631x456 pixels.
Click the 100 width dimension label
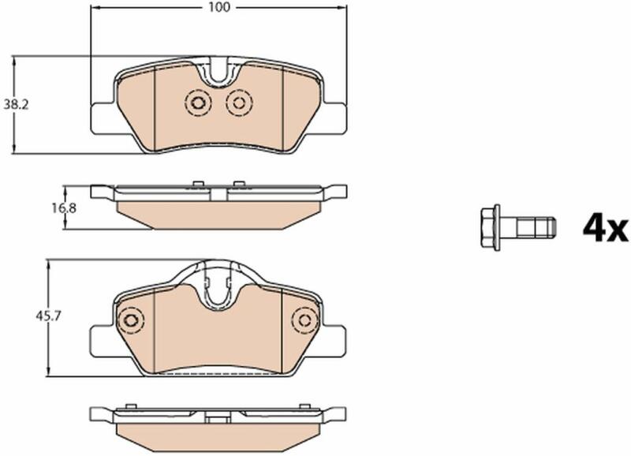point(219,7)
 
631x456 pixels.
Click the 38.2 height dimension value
point(16,105)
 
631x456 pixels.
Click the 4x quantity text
point(605,229)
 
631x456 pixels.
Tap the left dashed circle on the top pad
point(198,103)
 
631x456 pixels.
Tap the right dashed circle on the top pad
point(239,103)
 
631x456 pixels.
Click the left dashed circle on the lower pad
point(130,321)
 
